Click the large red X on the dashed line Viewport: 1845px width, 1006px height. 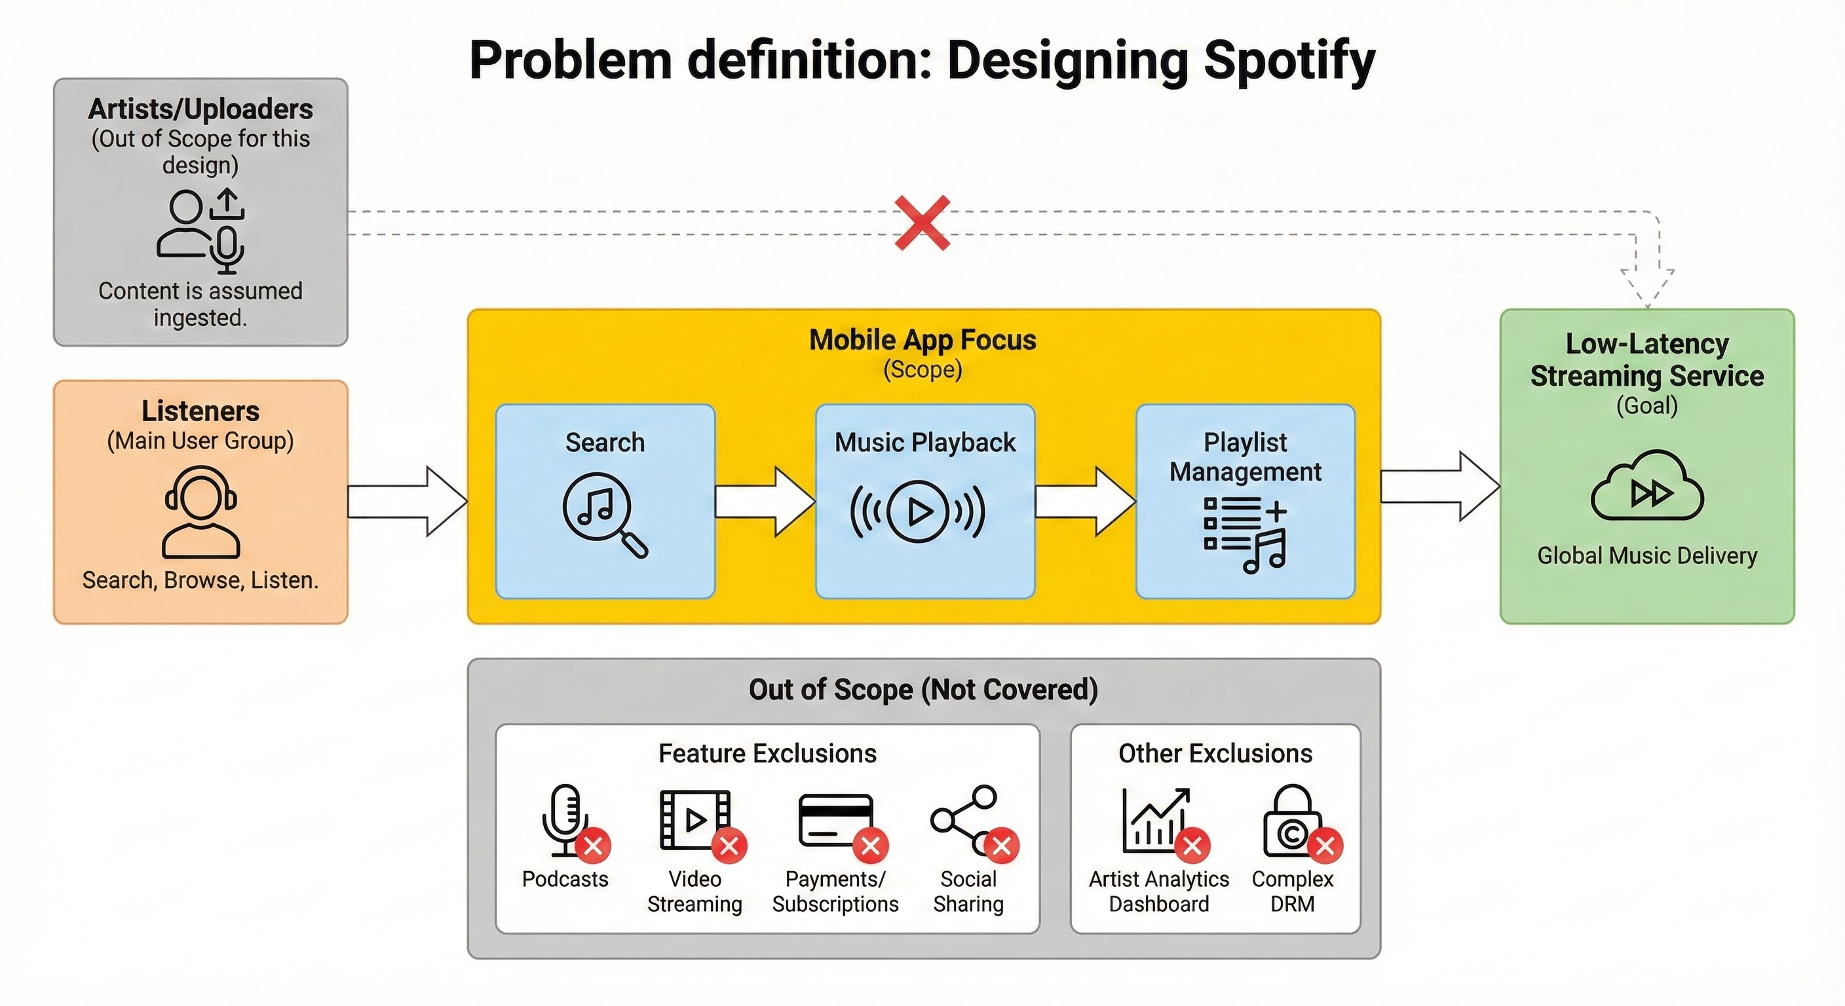(922, 223)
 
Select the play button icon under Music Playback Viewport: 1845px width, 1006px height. (917, 512)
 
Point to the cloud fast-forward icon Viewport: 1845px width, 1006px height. (1647, 485)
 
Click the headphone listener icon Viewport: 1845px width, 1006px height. (200, 512)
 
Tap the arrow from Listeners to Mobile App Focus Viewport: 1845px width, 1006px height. (408, 501)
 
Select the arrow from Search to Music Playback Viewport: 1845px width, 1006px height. (765, 501)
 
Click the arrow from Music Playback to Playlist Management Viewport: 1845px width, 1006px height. (1085, 501)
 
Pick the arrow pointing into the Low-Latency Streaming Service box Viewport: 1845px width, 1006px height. (1440, 486)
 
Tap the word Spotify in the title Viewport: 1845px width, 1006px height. (1289, 61)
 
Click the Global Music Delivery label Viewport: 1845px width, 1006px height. (1647, 555)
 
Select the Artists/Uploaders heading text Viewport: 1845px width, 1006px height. (200, 109)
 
